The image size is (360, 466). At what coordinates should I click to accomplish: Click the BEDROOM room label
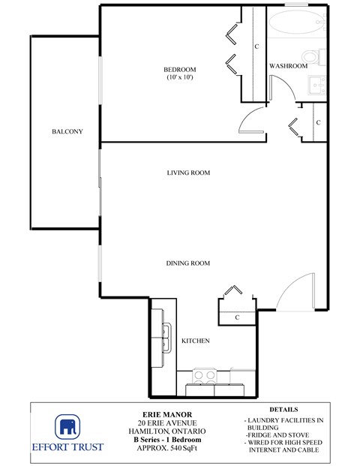click(179, 70)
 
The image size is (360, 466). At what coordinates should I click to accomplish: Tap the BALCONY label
click(67, 132)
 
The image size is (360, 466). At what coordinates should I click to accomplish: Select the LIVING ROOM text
click(188, 173)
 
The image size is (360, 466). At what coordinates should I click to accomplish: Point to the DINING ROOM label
click(187, 263)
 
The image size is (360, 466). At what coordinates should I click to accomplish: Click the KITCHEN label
click(195, 341)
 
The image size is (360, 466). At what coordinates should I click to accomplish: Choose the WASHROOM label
click(289, 66)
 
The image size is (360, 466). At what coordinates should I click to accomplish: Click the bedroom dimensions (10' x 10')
click(179, 78)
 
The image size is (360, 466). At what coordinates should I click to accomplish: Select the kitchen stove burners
click(205, 377)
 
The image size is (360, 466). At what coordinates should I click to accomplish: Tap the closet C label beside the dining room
click(237, 317)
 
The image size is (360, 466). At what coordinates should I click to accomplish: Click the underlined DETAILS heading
click(283, 410)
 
